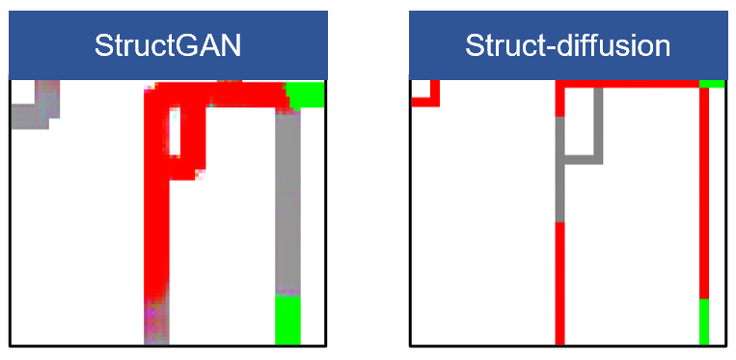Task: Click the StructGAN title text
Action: point(168,46)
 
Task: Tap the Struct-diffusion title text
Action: point(567,46)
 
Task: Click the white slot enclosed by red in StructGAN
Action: point(175,132)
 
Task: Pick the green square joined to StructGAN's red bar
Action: point(306,95)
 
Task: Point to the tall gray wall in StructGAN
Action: point(287,202)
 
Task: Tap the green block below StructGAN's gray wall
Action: point(287,319)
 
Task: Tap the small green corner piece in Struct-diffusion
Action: point(712,84)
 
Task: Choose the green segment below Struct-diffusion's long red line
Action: point(704,321)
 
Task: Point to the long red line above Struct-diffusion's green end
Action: point(704,193)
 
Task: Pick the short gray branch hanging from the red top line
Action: point(598,122)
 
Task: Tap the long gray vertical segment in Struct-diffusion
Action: point(559,169)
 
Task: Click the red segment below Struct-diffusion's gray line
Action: point(559,284)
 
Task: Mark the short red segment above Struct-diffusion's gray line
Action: point(559,102)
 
